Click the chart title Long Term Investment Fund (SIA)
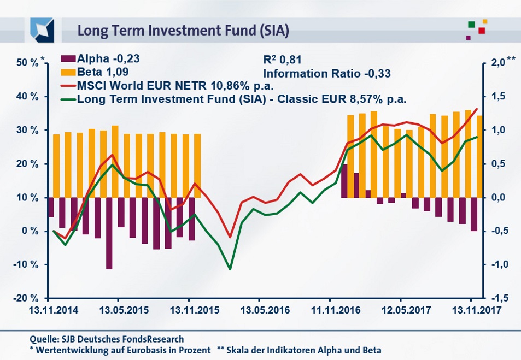(183, 30)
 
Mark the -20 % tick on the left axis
(26, 298)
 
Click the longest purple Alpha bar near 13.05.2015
(109, 233)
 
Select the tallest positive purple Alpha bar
(344, 181)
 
